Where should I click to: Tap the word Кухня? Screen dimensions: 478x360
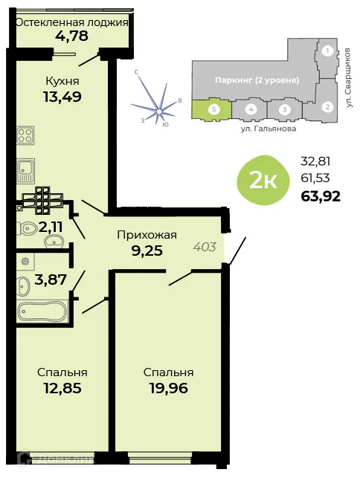(x=62, y=80)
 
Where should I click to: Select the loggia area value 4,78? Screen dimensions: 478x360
(x=72, y=36)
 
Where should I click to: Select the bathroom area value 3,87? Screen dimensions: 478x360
(x=51, y=282)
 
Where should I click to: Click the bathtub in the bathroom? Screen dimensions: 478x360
(x=42, y=312)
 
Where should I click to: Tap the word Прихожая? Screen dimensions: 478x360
(x=147, y=236)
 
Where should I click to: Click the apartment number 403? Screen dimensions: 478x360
(x=205, y=246)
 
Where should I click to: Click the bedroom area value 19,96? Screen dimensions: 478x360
(x=169, y=387)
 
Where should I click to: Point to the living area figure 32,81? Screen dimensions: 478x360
(x=315, y=160)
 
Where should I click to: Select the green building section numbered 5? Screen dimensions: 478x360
(x=213, y=109)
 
